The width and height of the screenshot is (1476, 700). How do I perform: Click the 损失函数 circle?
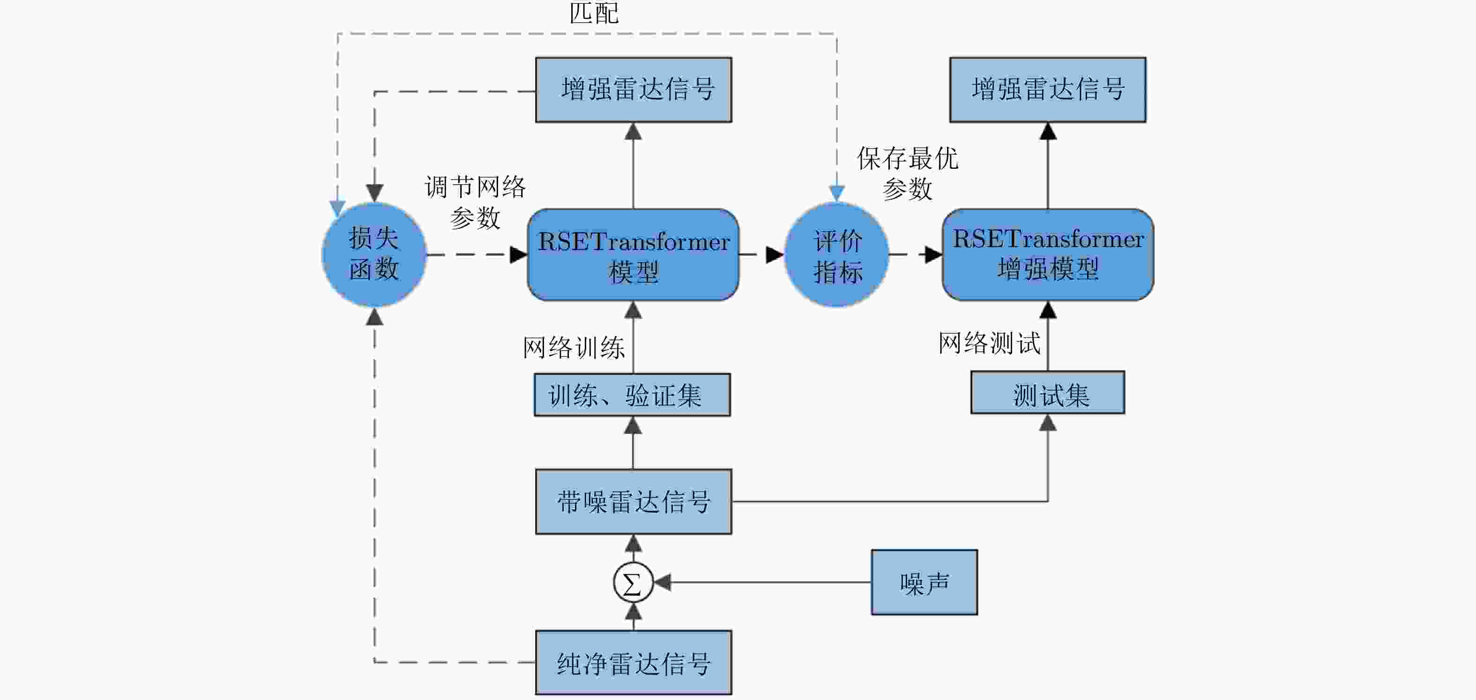click(374, 255)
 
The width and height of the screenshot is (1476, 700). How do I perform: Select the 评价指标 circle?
click(836, 255)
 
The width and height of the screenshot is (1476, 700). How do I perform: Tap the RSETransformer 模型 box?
click(633, 255)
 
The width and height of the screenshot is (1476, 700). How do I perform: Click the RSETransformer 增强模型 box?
click(1048, 255)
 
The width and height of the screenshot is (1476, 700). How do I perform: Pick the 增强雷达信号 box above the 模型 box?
click(634, 90)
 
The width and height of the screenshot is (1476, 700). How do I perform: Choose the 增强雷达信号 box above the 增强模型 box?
click(1048, 90)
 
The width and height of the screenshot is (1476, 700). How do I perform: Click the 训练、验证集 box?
click(633, 395)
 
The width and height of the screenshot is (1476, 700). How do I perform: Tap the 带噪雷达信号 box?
click(634, 502)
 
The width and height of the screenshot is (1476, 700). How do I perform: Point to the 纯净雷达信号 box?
click(634, 663)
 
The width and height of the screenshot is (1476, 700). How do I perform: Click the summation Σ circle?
click(633, 582)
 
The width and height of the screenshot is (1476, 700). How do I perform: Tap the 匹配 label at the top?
click(594, 13)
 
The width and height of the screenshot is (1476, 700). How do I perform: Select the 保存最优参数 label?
click(908, 173)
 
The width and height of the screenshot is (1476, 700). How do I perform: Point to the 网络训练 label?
click(574, 347)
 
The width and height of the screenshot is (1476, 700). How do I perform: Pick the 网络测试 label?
click(989, 343)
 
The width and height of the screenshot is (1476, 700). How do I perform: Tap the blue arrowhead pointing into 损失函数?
click(337, 208)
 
